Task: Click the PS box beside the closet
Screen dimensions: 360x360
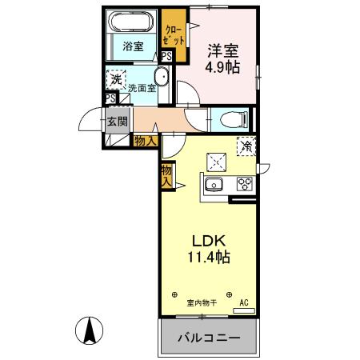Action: pyautogui.click(x=167, y=57)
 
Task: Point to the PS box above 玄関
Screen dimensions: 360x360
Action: pyautogui.click(x=110, y=98)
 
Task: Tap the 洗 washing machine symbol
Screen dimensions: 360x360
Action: pyautogui.click(x=116, y=78)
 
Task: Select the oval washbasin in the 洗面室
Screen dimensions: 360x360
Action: pyautogui.click(x=160, y=78)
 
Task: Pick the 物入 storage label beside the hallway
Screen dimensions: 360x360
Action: pyautogui.click(x=145, y=142)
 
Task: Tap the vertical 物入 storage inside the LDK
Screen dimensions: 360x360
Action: pyautogui.click(x=166, y=175)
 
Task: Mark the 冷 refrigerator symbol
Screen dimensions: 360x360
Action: pyautogui.click(x=246, y=146)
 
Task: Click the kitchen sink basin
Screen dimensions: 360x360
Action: pyautogui.click(x=215, y=186)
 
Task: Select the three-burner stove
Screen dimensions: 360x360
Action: pyautogui.click(x=243, y=186)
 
